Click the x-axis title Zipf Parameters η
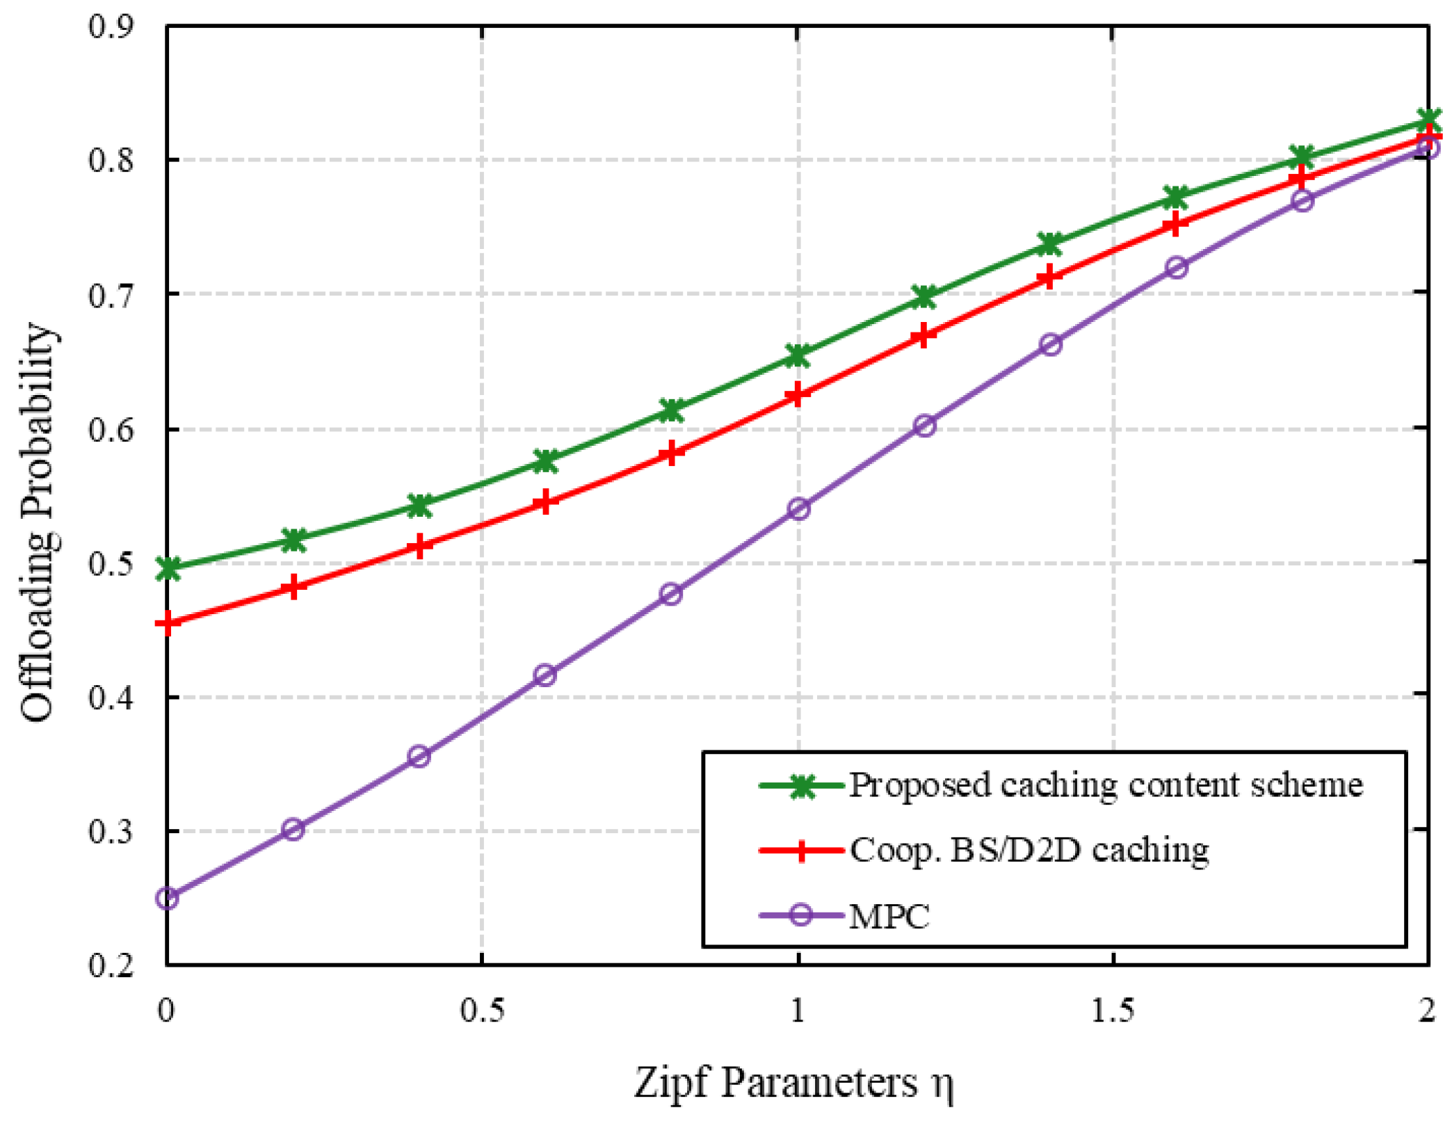pyautogui.click(x=793, y=1083)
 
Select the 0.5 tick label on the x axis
pyautogui.click(x=482, y=1011)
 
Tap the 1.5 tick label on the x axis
pyautogui.click(x=1113, y=1011)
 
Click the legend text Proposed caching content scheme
pyautogui.click(x=1106, y=785)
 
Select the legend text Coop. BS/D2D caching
pyautogui.click(x=1029, y=850)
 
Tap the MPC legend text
pyautogui.click(x=889, y=916)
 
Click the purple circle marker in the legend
pyautogui.click(x=801, y=915)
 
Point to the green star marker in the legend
pyautogui.click(x=801, y=787)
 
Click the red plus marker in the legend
pyautogui.click(x=801, y=850)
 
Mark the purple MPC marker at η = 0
pyautogui.click(x=168, y=898)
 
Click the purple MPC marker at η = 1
pyautogui.click(x=798, y=508)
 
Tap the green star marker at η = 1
pyautogui.click(x=798, y=355)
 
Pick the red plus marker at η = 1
pyautogui.click(x=798, y=395)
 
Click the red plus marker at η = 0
pyautogui.click(x=168, y=623)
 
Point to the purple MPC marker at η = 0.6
pyautogui.click(x=546, y=675)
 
